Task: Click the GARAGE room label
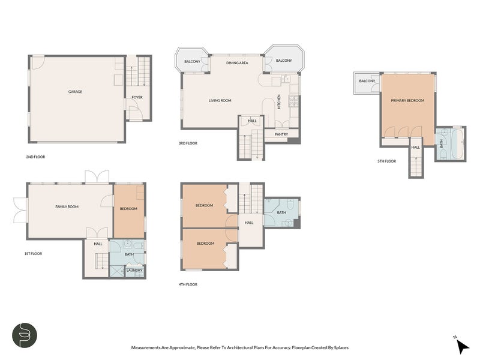point(75,92)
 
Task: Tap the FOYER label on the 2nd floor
point(137,97)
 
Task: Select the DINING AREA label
point(237,63)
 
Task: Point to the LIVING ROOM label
point(220,100)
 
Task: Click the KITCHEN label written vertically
point(279,101)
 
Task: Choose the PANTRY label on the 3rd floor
point(281,134)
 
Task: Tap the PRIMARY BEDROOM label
point(407,100)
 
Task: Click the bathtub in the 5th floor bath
point(458,144)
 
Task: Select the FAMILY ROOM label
point(67,206)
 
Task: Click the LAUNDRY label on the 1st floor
point(134,271)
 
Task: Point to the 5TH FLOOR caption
point(386,161)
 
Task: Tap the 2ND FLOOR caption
point(35,157)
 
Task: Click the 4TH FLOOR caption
point(188,284)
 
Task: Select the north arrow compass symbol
point(463,347)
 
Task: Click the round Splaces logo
point(25,335)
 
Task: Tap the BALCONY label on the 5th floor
point(367,81)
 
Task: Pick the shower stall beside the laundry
point(117,271)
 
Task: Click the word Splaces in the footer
point(341,347)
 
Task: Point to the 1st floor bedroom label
point(128,209)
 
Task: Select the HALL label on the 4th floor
point(249,223)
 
